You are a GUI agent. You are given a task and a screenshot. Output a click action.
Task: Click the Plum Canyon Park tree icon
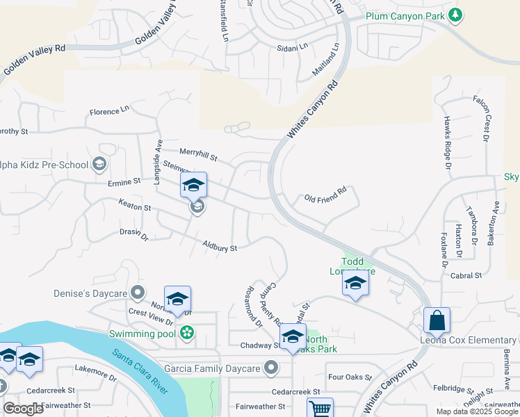[455, 14]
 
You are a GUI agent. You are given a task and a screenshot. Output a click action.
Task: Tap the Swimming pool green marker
[186, 334]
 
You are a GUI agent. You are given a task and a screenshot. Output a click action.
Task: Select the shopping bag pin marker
[437, 321]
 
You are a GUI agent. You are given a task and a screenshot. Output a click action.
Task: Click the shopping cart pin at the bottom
[320, 409]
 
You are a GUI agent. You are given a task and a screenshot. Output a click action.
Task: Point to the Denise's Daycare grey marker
[138, 293]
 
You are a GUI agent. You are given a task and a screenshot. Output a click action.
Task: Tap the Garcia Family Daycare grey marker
[271, 368]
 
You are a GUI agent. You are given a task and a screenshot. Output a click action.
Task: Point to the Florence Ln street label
[110, 111]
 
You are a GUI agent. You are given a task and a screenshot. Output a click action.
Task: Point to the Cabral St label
[466, 276]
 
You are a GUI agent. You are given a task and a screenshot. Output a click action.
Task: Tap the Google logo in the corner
[24, 408]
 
